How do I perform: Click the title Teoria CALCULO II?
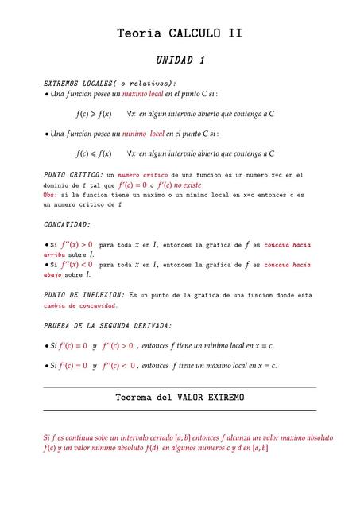180,33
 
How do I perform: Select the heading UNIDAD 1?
180,60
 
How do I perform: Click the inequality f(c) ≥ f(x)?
93,114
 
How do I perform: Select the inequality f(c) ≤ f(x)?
93,153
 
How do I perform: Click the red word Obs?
49,195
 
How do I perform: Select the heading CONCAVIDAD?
67,225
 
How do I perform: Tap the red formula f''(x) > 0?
71,244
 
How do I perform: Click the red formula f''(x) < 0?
71,264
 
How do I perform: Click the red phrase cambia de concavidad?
80,305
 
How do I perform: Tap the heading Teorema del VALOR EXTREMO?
180,397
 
